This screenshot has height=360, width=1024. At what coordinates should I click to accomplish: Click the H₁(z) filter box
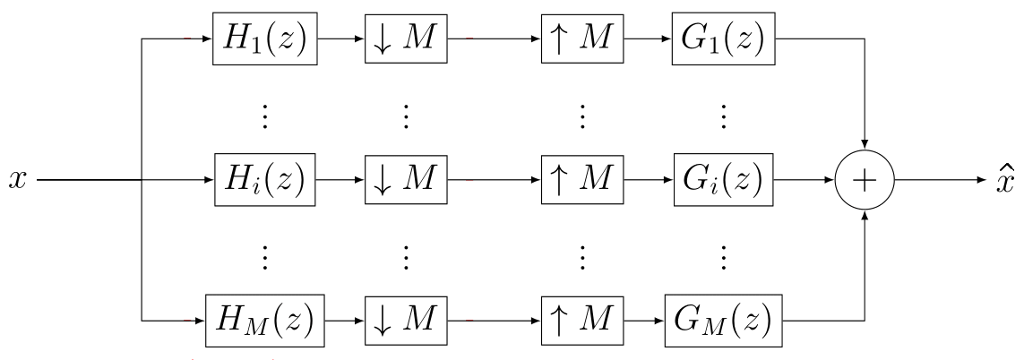265,39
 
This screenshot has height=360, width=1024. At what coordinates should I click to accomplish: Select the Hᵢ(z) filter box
265,179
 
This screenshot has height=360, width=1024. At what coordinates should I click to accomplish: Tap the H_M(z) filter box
265,319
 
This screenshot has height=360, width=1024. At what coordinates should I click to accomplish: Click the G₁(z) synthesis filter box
723,39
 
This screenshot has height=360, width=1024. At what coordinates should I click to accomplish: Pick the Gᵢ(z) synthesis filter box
723,179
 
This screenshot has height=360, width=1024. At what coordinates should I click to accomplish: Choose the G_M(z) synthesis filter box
723,319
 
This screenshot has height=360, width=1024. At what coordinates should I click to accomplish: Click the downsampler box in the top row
405,39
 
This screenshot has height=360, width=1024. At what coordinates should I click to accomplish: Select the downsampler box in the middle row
405,179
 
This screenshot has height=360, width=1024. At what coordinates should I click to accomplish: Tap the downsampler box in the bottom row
405,319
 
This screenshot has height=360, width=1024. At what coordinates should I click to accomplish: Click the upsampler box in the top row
581,39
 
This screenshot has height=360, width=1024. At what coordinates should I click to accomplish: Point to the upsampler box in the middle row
581,179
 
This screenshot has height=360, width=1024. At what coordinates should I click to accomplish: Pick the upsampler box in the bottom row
581,319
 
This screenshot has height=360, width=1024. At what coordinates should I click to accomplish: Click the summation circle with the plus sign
864,179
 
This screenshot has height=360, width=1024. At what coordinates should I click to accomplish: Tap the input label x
17,180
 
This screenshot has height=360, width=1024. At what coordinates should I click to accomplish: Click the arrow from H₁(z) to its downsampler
341,39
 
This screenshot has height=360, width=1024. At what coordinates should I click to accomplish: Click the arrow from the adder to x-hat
941,179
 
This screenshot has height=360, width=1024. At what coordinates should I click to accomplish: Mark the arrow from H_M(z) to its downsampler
345,319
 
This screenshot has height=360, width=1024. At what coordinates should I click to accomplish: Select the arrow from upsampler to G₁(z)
646,39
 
